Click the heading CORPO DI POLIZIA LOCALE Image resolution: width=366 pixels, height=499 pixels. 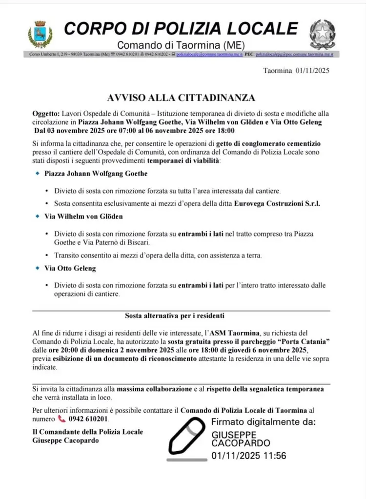pyautogui.click(x=181, y=28)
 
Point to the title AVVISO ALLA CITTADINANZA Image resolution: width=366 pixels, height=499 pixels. pyautogui.click(x=181, y=98)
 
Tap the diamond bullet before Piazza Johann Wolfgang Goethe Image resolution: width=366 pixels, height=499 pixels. pyautogui.click(x=38, y=174)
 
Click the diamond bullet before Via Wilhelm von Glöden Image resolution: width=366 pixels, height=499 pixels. pyautogui.click(x=38, y=216)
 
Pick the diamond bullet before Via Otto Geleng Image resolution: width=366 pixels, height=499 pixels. pyautogui.click(x=38, y=268)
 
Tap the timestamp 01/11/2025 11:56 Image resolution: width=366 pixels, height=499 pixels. pyautogui.click(x=249, y=457)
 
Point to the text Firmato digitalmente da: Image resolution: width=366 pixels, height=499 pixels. pyautogui.click(x=264, y=421)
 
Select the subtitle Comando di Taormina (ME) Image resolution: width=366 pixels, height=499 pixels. pyautogui.click(x=181, y=44)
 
